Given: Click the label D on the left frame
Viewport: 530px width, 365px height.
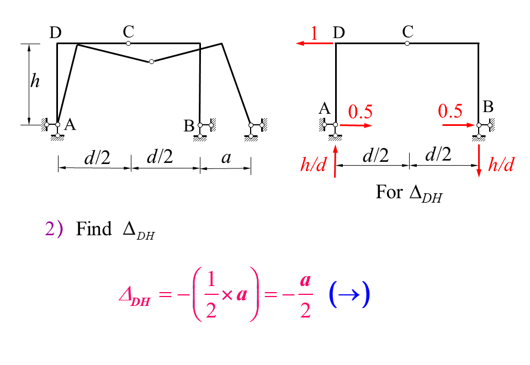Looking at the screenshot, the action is tap(55, 33).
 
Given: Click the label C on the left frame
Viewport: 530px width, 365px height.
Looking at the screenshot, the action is tap(129, 31).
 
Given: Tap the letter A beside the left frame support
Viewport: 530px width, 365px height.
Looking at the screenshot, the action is tap(70, 125).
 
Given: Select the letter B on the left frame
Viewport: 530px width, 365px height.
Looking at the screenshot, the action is tap(189, 126).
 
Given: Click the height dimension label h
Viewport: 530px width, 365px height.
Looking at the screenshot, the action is tap(35, 82).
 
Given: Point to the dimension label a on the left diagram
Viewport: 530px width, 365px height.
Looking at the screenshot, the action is tap(226, 158).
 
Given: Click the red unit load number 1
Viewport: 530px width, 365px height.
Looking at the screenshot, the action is tap(314, 34).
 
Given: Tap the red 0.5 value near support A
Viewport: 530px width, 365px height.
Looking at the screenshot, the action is tap(361, 112).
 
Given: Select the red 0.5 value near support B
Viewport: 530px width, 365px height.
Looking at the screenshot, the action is tap(450, 112).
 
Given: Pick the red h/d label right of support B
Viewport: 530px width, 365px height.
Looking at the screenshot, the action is tap(501, 165).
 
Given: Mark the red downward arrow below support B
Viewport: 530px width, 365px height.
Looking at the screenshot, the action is tap(479, 160).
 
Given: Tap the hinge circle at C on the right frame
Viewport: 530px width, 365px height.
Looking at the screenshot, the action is tap(407, 43).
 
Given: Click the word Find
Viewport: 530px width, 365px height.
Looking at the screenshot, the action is tap(94, 229).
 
